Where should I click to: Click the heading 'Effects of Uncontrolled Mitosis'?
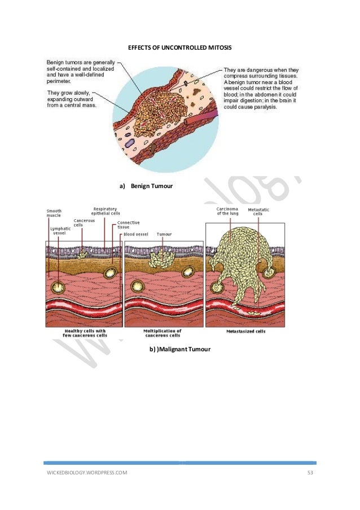click(180, 48)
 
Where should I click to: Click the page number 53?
click(310, 473)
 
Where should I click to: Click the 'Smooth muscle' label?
click(54, 213)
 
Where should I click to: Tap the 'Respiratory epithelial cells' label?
click(105, 211)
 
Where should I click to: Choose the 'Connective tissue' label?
click(125, 225)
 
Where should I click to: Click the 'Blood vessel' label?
click(136, 234)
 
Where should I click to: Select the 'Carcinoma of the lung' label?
click(227, 211)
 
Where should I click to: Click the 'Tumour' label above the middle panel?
click(164, 234)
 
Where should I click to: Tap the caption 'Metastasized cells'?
click(242, 332)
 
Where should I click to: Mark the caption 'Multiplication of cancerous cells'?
click(163, 333)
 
